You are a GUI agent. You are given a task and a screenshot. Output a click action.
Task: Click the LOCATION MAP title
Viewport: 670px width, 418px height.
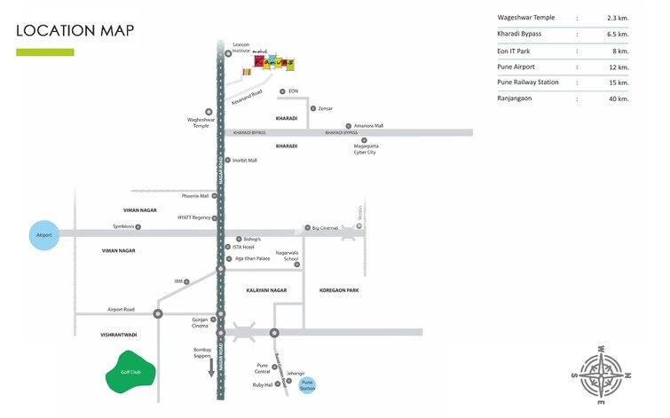[75, 30]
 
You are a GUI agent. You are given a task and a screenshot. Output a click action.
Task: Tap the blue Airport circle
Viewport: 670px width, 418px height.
[43, 235]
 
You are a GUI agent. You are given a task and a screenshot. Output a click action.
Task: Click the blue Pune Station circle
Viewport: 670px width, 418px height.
[307, 385]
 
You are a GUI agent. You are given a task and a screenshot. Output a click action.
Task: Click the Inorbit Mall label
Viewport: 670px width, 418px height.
[245, 161]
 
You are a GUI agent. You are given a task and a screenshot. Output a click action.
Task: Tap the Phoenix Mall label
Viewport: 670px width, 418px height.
[195, 196]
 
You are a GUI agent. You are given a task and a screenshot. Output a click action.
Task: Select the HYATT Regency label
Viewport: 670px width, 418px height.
[193, 217]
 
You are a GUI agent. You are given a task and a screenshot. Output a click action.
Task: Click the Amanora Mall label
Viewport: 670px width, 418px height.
[368, 126]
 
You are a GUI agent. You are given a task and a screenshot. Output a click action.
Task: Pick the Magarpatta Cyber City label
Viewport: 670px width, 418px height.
[365, 149]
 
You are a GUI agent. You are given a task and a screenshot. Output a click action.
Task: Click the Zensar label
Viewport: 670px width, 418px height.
[325, 108]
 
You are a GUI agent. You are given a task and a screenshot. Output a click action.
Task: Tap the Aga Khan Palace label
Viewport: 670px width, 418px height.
[252, 258]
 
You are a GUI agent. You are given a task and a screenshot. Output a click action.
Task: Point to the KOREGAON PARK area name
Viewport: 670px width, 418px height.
[339, 290]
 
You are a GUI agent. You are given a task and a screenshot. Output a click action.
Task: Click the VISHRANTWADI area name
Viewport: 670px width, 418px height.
[119, 335]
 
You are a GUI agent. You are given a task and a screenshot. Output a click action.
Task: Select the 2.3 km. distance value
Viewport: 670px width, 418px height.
[617, 18]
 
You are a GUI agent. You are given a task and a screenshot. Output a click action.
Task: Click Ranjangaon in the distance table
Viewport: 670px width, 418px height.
[515, 99]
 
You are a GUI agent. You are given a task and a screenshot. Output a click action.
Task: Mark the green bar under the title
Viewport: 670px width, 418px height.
[45, 52]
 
